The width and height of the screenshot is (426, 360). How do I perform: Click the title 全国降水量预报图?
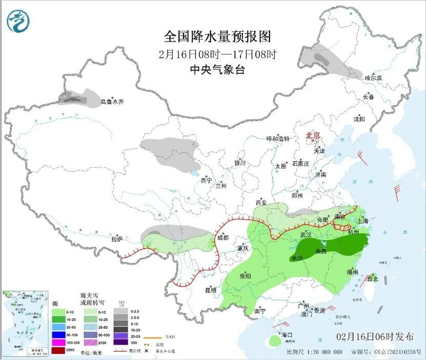point(217,37)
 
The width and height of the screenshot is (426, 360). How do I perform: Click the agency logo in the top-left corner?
point(18,21)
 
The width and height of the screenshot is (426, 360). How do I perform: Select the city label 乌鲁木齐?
point(112,102)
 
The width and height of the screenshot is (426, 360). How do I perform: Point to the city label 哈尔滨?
point(373,78)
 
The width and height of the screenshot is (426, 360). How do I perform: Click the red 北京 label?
point(313,136)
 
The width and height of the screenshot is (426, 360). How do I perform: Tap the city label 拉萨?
point(117,239)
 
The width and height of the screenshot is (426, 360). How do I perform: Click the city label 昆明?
point(211,290)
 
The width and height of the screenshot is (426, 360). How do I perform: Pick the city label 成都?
point(223,237)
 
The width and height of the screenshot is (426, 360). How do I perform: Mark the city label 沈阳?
point(359,119)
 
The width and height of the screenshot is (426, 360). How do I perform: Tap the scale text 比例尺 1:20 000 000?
point(314,352)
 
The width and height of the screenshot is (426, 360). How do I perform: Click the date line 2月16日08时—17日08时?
point(217,54)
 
